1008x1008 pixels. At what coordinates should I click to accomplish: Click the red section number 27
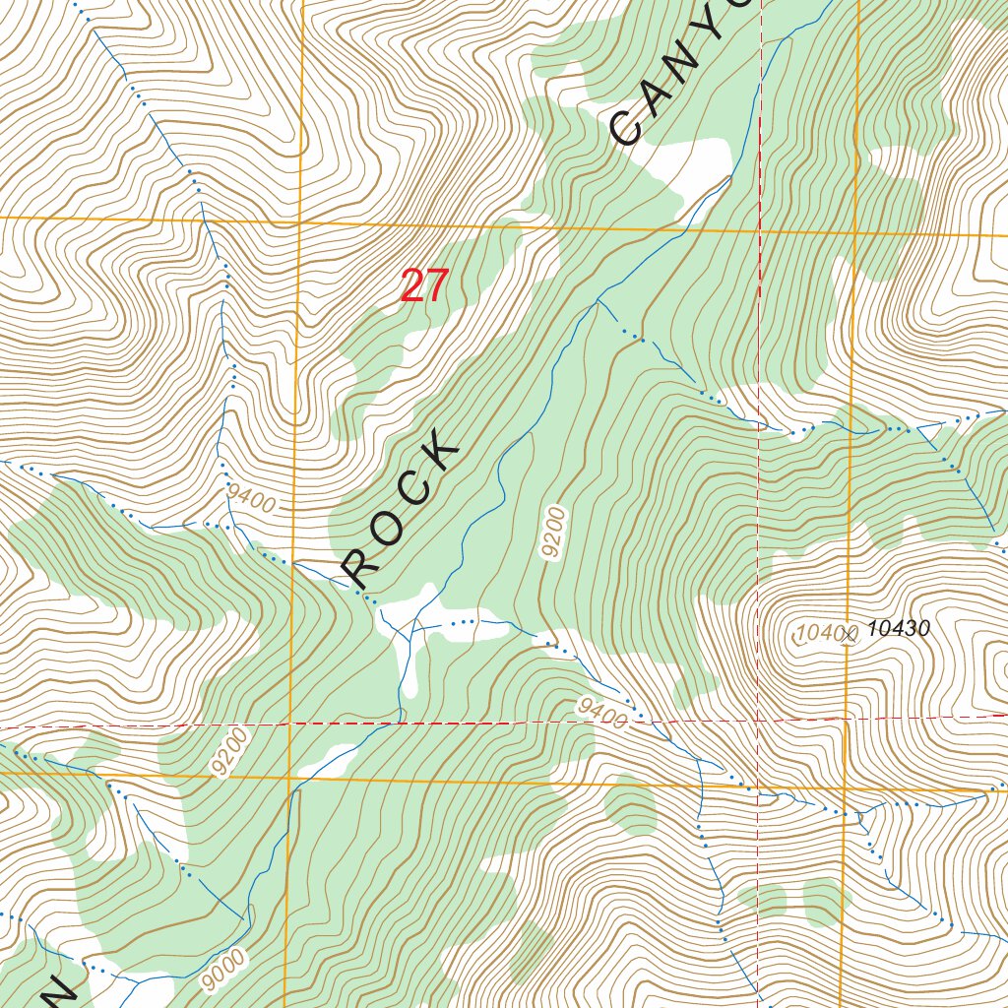(x=424, y=286)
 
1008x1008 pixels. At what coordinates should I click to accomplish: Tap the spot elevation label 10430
(x=900, y=629)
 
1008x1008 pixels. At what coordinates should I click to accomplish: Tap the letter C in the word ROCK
(x=412, y=491)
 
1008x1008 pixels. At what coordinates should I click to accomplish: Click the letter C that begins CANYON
(x=627, y=127)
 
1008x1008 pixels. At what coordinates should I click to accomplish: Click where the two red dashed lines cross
(x=758, y=720)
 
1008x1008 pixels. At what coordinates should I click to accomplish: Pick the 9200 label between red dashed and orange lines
(x=227, y=753)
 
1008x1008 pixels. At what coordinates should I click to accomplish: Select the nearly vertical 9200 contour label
(x=553, y=533)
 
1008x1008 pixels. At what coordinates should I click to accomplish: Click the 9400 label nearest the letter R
(x=249, y=498)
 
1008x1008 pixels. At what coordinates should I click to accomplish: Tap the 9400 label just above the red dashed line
(x=603, y=715)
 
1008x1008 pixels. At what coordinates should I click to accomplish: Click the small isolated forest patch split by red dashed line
(x=770, y=899)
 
